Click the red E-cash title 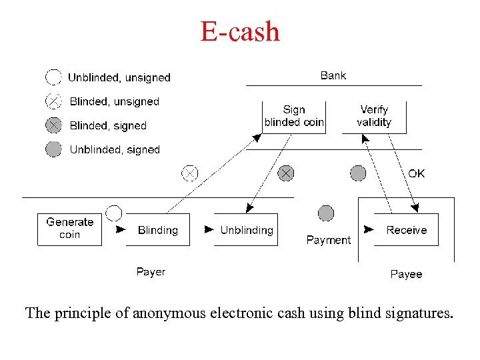(240, 31)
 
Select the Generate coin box (69, 229)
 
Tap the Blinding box (158, 230)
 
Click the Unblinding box (246, 230)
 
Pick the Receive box (406, 230)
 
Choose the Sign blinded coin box (294, 116)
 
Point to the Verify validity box (374, 116)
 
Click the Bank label (333, 75)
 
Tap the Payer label (151, 271)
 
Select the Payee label (406, 274)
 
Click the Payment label (328, 240)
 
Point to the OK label (417, 173)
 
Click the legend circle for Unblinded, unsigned (53, 77)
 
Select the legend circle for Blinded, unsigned (53, 101)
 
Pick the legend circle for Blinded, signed (53, 125)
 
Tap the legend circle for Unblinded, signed (53, 149)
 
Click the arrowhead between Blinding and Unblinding (209, 229)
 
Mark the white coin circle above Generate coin (114, 213)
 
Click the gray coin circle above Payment (326, 213)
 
